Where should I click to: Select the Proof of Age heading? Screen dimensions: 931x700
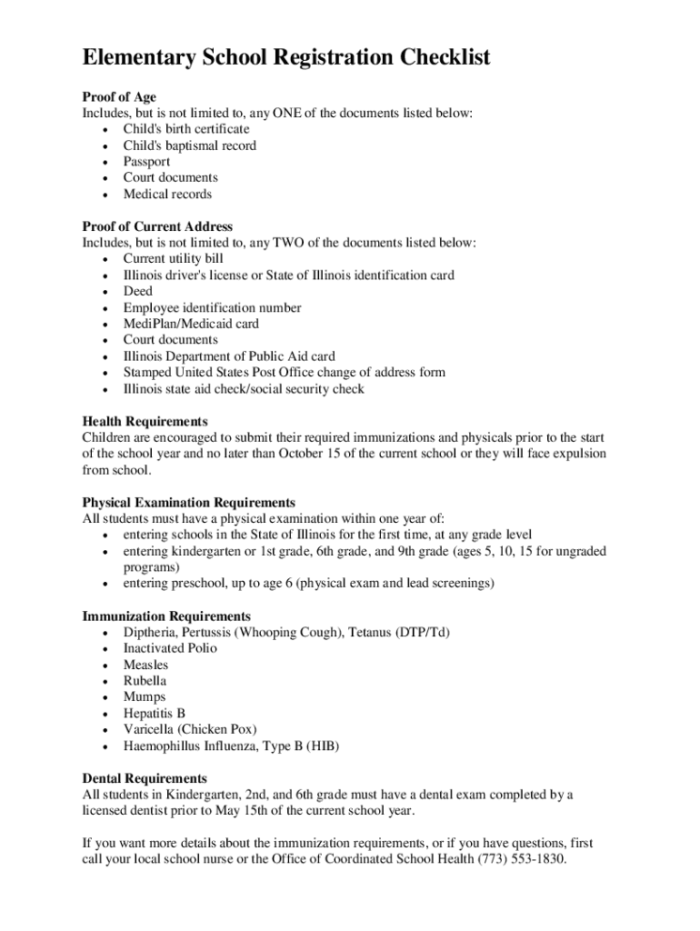(119, 97)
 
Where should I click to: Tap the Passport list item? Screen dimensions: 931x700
(146, 162)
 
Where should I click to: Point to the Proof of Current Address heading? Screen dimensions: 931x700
(157, 226)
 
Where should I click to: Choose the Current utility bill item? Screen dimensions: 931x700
(173, 259)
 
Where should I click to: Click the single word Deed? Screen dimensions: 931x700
(138, 291)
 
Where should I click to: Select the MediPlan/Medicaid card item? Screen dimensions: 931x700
(191, 324)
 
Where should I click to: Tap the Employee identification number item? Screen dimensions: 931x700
(212, 307)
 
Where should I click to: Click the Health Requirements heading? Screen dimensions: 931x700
(145, 422)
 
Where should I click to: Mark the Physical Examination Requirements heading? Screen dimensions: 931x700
(188, 503)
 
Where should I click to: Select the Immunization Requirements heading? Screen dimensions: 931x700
(166, 616)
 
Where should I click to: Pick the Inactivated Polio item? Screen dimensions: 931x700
(170, 648)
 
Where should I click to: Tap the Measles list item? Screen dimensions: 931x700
(145, 665)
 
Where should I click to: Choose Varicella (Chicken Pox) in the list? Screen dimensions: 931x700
(190, 729)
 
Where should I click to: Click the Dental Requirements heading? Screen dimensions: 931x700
(145, 779)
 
